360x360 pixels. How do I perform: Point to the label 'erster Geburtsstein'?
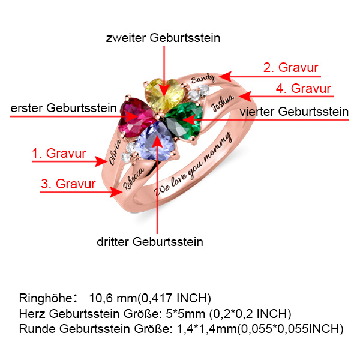click(64, 109)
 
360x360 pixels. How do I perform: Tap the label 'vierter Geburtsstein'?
click(294, 112)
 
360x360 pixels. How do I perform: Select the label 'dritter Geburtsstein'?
click(150, 242)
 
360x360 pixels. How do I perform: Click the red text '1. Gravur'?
click(59, 154)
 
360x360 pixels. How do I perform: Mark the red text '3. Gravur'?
click(68, 184)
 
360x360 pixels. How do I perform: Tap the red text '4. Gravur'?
click(303, 89)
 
